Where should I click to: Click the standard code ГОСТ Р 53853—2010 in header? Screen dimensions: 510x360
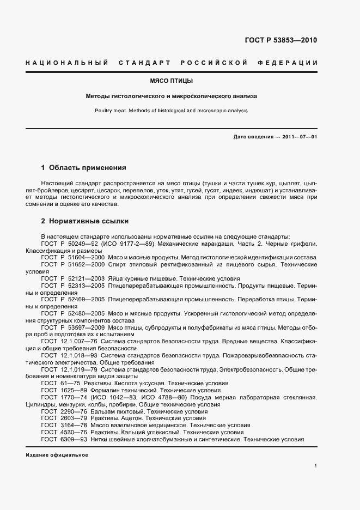pos(282,40)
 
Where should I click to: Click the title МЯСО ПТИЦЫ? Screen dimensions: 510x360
pos(172,81)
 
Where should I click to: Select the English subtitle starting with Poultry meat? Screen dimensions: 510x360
pos(172,110)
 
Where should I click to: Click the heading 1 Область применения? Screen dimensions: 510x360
pos(84,168)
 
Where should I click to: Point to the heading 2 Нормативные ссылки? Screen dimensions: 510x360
pos(85,222)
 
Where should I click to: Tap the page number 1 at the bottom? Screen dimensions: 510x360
pos(315,466)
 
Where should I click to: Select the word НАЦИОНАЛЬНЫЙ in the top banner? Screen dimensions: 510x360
pos(66,63)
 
